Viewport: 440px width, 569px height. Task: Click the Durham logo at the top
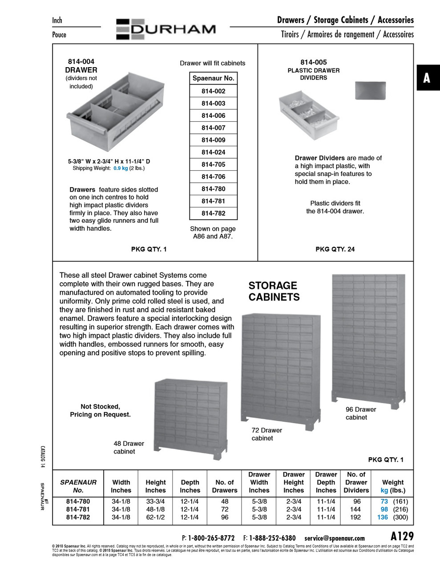point(166,29)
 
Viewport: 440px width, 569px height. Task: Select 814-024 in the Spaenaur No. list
point(213,152)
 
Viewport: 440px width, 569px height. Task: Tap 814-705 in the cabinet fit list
point(213,164)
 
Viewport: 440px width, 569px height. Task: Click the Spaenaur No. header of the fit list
point(213,78)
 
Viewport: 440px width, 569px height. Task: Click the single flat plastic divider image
point(370,91)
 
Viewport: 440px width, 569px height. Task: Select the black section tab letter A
point(427,78)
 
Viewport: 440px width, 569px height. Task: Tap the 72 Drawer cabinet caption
point(267,434)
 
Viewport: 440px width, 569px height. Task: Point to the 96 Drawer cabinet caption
point(361,413)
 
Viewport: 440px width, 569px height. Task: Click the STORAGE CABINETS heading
point(274,291)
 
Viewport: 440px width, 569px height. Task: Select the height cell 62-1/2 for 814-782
point(155,517)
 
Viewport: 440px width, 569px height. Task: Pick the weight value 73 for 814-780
point(384,501)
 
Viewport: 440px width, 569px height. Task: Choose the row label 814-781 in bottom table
point(78,509)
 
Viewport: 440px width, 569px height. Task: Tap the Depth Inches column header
point(190,486)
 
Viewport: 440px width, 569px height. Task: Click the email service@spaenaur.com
point(334,538)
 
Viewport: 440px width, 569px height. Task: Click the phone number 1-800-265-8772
point(211,538)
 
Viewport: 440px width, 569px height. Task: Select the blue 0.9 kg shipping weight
point(121,168)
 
